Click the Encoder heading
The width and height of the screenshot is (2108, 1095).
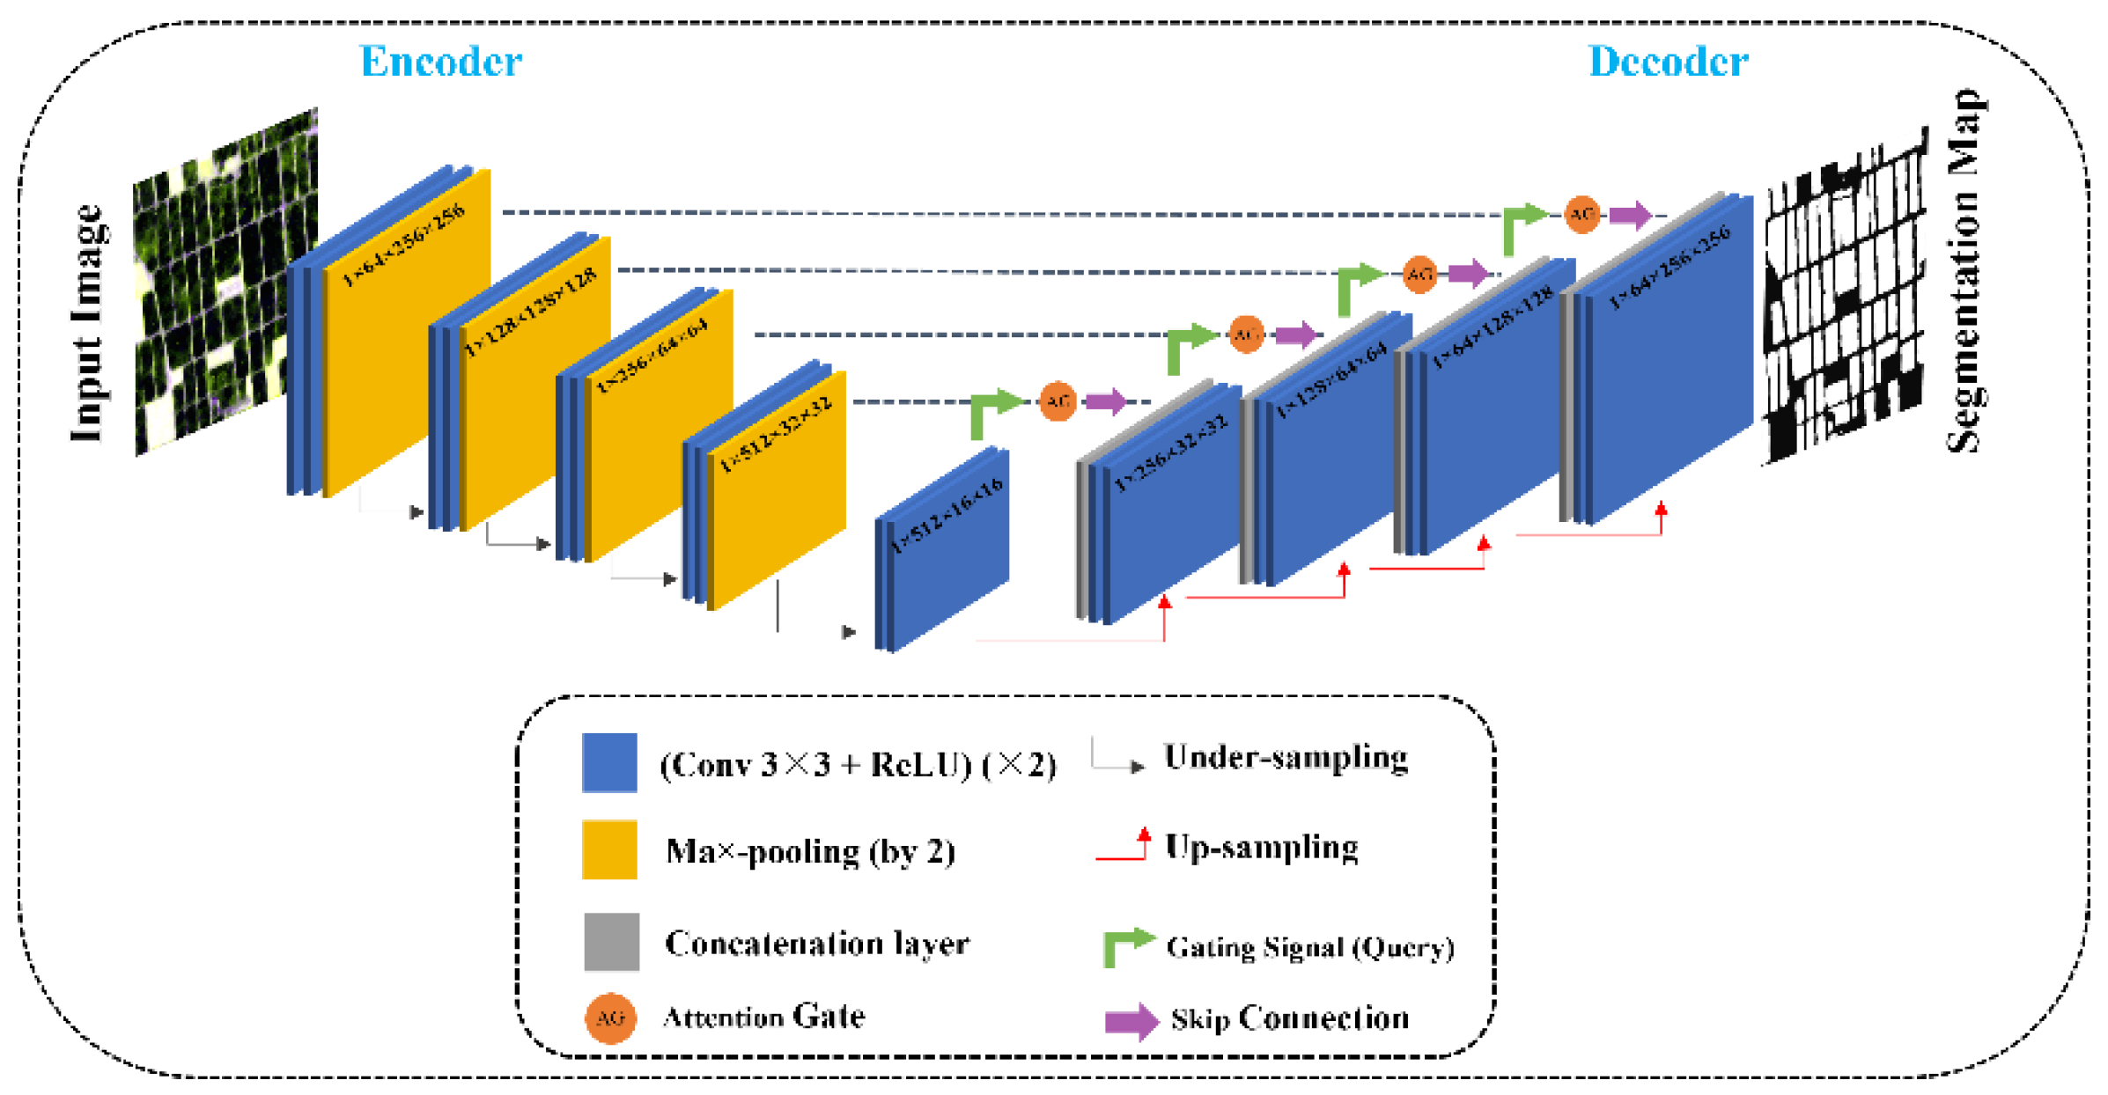[x=440, y=62]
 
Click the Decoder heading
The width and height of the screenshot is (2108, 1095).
[x=1668, y=62]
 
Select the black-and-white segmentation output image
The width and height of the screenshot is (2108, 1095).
[x=1844, y=299]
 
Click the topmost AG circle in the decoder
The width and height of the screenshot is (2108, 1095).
[x=1581, y=215]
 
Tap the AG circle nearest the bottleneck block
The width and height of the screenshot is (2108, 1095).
[x=1058, y=402]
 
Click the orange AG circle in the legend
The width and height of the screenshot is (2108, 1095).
[x=610, y=1018]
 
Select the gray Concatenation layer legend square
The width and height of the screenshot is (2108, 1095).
[x=611, y=942]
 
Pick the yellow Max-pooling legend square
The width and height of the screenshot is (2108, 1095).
[x=609, y=849]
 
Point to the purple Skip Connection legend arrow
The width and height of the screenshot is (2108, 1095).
[x=1131, y=1021]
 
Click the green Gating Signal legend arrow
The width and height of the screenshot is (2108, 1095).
[x=1128, y=945]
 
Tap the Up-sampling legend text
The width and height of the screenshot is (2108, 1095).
[x=1261, y=847]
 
